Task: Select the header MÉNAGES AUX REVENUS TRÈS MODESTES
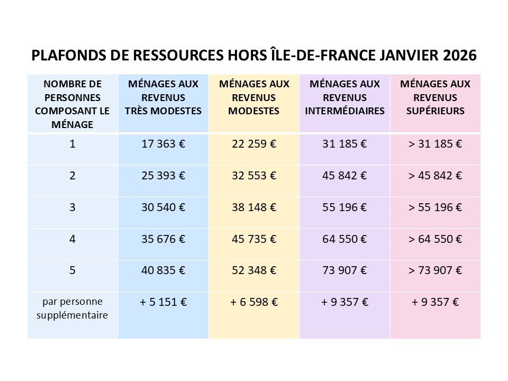(x=163, y=97)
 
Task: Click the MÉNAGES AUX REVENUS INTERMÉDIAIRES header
(x=345, y=97)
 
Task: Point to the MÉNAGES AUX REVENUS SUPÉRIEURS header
(x=436, y=97)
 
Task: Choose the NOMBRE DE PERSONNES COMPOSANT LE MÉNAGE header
(x=72, y=104)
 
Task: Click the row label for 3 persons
(x=72, y=207)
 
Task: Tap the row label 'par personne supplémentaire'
(x=72, y=309)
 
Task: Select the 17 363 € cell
(x=163, y=144)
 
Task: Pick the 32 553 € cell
(x=254, y=176)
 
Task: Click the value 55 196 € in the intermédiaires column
(x=345, y=207)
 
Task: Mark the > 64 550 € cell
(x=436, y=239)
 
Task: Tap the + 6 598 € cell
(x=254, y=303)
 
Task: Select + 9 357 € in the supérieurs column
(x=436, y=303)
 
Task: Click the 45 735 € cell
(x=254, y=239)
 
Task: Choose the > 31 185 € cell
(x=436, y=144)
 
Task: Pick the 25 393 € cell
(x=163, y=176)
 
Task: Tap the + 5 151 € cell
(x=163, y=303)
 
